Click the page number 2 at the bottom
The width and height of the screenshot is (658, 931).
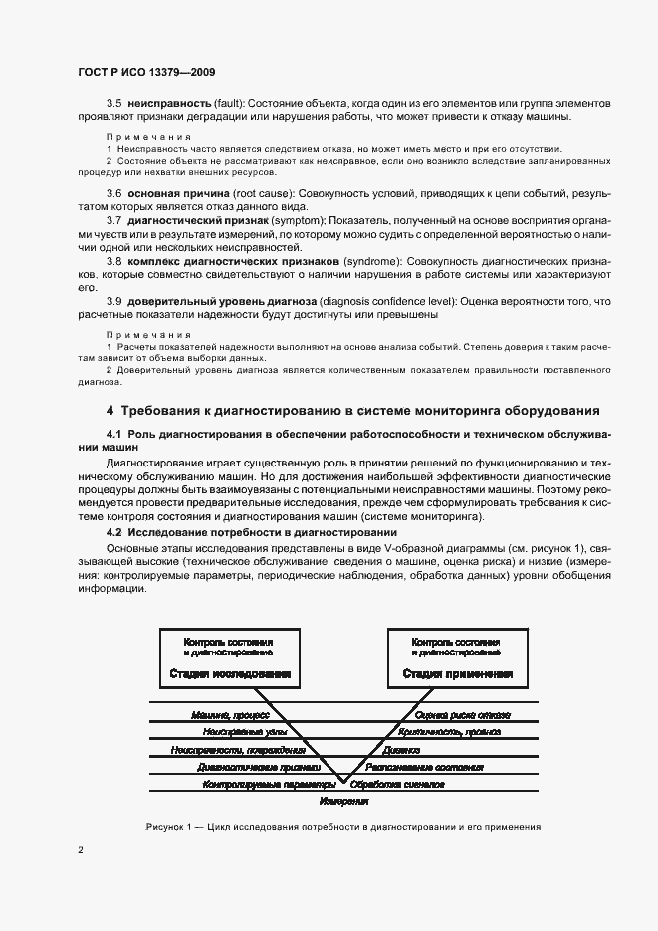80,849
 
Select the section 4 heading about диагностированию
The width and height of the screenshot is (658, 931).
352,410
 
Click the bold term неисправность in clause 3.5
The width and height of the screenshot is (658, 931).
168,104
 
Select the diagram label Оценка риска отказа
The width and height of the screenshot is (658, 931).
463,714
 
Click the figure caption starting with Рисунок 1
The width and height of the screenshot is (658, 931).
342,827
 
